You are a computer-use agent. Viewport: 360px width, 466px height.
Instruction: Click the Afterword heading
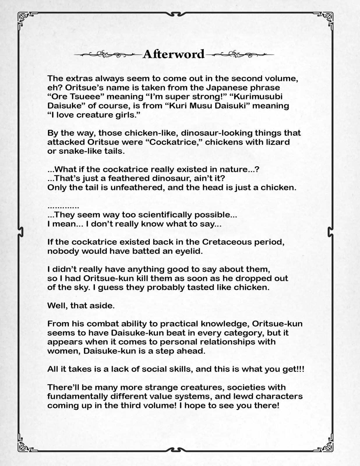173,54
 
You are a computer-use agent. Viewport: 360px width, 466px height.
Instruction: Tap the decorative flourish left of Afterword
107,54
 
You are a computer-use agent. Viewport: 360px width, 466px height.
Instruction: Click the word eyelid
188,251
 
